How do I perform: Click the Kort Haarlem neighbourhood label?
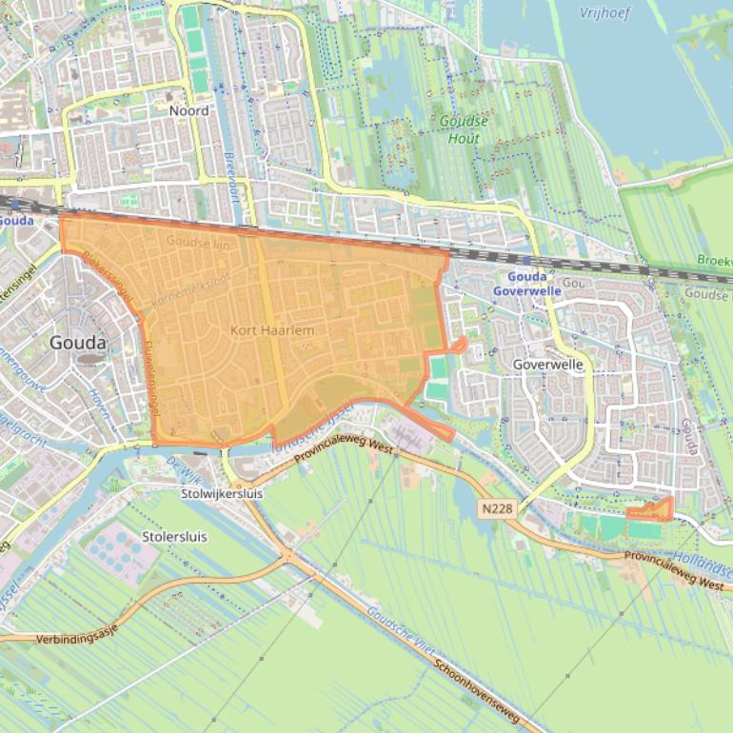[x=272, y=330]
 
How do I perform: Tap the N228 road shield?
[x=497, y=509]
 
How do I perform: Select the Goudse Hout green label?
[x=466, y=129]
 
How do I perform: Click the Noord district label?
[x=188, y=110]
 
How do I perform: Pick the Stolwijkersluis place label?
[x=222, y=494]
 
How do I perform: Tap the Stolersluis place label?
[x=174, y=536]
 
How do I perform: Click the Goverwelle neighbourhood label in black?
[x=547, y=365]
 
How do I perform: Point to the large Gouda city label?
[x=78, y=342]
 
